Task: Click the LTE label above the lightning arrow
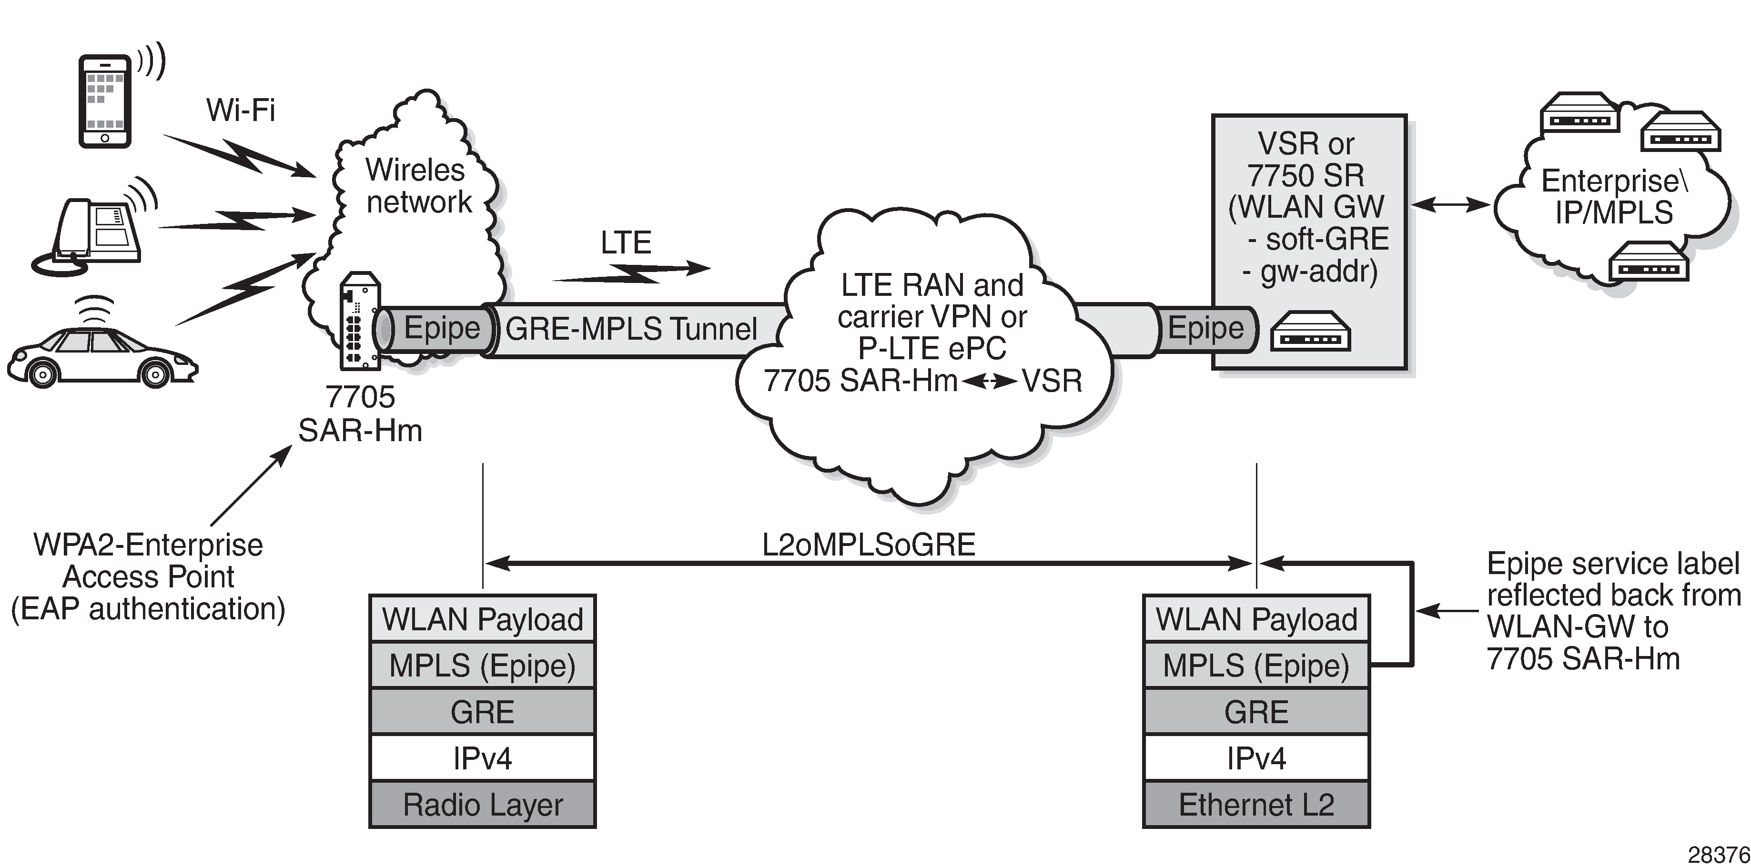click(x=625, y=242)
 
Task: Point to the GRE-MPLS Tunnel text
click(x=631, y=330)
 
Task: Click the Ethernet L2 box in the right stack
click(x=1256, y=805)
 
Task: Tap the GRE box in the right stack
click(x=1256, y=712)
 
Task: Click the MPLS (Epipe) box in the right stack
click(x=1256, y=666)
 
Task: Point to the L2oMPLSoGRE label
click(x=868, y=545)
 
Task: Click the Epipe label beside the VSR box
click(x=1205, y=328)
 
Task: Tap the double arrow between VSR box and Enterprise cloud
click(x=1450, y=204)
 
